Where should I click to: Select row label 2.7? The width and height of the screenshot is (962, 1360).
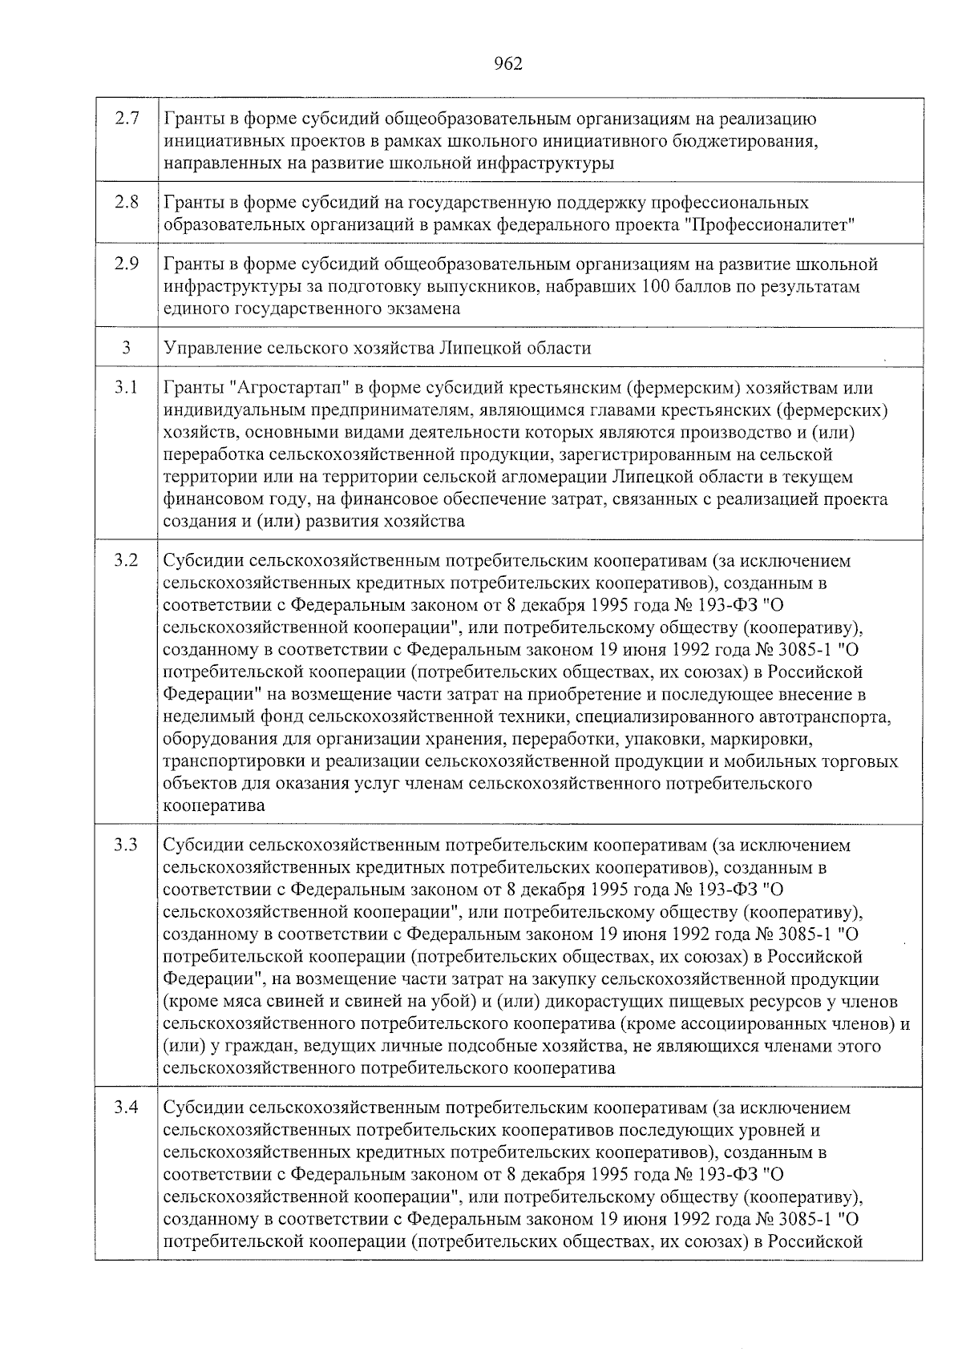tap(127, 119)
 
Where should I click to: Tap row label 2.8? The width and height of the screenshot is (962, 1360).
tap(127, 202)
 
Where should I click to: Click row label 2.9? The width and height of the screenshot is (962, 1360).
tap(127, 264)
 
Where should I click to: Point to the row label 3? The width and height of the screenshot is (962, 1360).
tap(126, 348)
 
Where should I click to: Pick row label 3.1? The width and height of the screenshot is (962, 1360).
tap(126, 388)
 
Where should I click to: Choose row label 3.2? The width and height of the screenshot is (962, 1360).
tap(126, 560)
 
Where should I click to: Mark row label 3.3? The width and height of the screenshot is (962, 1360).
tap(126, 845)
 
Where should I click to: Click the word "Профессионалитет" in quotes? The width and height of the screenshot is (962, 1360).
tap(772, 224)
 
